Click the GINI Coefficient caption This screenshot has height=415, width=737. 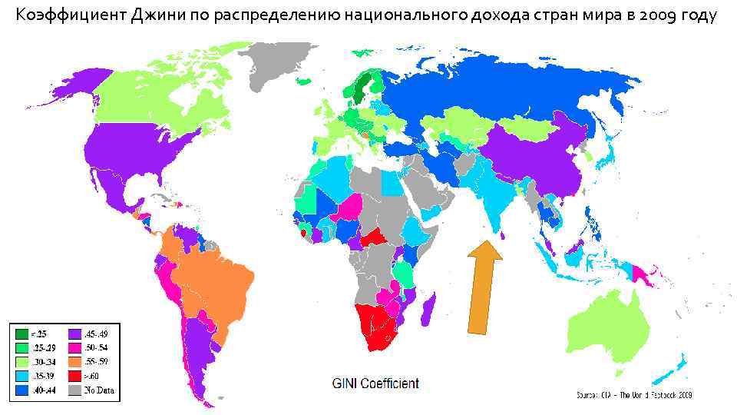(x=375, y=383)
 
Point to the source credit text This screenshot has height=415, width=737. (x=634, y=395)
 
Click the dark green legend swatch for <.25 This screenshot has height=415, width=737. (x=21, y=334)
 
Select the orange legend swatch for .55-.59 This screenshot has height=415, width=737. (x=74, y=362)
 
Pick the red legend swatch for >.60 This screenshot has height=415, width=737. (x=74, y=376)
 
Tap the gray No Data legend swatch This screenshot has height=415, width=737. (x=74, y=390)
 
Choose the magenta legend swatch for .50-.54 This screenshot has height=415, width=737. (x=74, y=348)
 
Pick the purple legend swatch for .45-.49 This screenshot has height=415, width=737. (x=74, y=334)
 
